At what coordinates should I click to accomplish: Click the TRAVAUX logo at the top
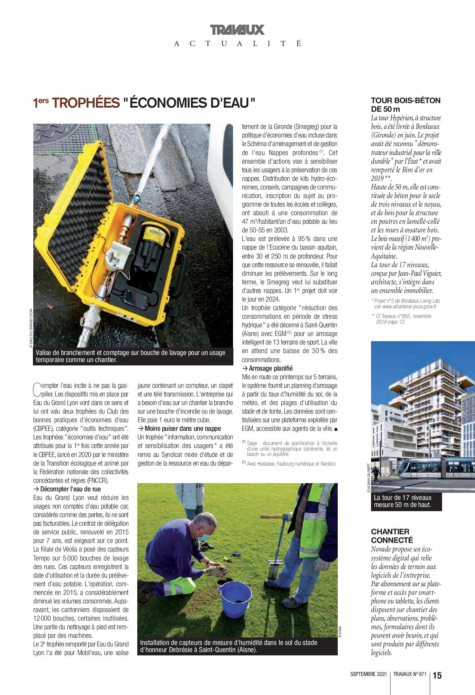[237, 30]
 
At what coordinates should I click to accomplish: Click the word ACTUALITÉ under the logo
[237, 44]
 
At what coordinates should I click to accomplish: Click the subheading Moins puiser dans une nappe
[179, 428]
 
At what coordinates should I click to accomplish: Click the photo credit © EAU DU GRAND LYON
[31, 328]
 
